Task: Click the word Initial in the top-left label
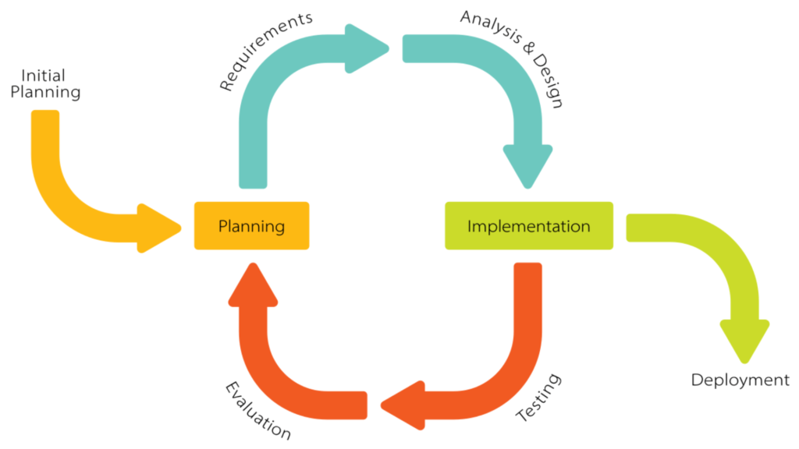tap(43, 76)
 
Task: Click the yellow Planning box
tap(251, 226)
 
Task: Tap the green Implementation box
tap(528, 226)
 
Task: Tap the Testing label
tap(539, 398)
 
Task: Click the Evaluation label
tap(258, 410)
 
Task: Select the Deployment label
tap(740, 380)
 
